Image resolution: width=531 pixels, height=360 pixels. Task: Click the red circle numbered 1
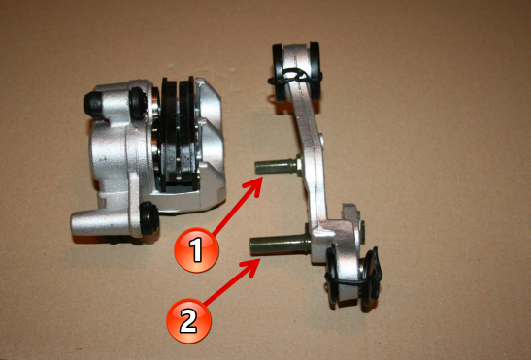pos(196,249)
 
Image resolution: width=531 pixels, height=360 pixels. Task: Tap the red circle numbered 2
pos(188,320)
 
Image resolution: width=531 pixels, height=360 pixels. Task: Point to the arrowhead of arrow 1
pos(254,187)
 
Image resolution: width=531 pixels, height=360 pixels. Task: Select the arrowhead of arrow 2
pos(253,267)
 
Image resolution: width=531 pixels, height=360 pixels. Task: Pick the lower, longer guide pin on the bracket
pos(279,245)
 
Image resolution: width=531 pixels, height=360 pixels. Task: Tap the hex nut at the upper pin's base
pos(299,165)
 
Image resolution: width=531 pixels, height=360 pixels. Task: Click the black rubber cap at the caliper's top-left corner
pos(94,104)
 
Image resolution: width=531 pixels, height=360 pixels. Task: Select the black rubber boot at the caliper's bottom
pos(149,218)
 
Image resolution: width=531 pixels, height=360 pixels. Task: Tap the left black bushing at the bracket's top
pos(281,72)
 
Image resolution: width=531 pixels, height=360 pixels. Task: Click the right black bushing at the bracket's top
pos(315,71)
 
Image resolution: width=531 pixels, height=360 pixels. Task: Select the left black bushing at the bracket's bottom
pos(332,274)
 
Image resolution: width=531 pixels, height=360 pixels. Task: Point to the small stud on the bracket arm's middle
pos(321,140)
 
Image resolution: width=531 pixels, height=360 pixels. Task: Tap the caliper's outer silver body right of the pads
pos(210,143)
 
